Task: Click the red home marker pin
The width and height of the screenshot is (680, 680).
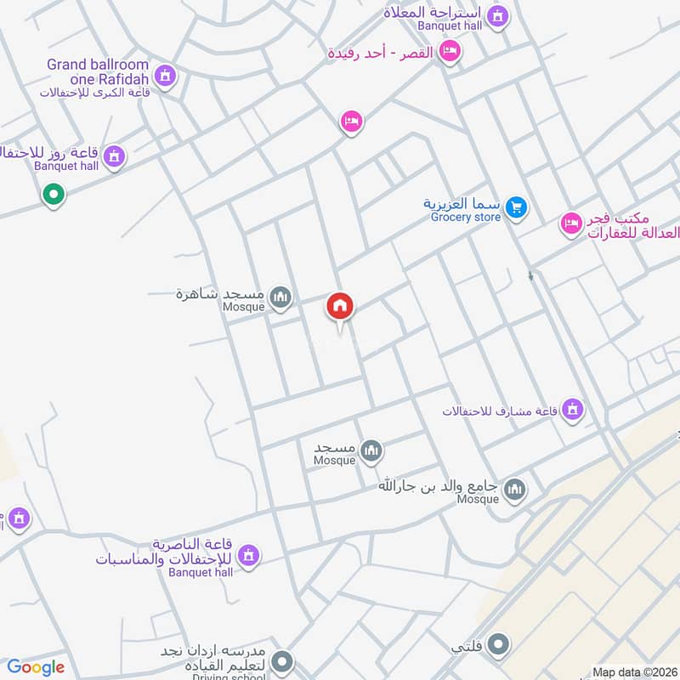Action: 341,307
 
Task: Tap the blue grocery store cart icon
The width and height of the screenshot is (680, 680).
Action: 515,207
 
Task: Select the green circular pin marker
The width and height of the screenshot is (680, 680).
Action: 54,195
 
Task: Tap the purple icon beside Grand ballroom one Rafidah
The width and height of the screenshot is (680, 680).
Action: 165,76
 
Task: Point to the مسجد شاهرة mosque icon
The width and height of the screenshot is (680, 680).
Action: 280,297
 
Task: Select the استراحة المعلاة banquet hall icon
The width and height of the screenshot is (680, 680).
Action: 499,14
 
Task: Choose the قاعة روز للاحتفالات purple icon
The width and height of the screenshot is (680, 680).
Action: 114,156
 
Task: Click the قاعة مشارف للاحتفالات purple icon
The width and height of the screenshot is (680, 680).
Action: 574,411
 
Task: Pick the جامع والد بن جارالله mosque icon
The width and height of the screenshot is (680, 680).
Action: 515,489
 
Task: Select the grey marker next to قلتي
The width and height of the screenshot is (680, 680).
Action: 499,644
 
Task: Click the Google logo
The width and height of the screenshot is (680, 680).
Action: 36,667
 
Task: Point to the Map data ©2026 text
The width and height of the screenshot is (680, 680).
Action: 633,672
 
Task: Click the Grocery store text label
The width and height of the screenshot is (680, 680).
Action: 465,218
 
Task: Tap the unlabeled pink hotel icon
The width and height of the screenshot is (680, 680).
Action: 351,122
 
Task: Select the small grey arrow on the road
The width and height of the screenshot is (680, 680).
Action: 531,276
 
